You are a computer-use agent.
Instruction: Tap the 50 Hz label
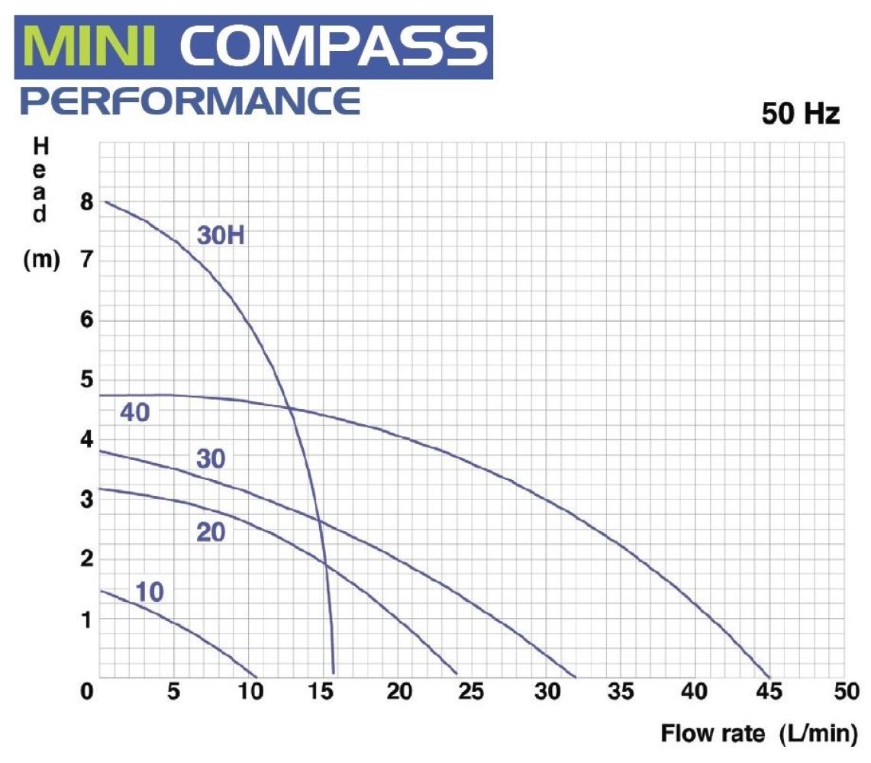tap(801, 114)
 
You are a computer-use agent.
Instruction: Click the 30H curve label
tap(220, 236)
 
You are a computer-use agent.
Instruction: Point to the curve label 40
tap(134, 413)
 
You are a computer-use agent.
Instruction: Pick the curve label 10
tap(150, 592)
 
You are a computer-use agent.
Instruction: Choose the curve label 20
tap(211, 532)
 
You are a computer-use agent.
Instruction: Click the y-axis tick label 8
tap(86, 202)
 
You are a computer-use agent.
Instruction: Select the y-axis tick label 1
tap(86, 619)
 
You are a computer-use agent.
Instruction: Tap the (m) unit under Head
tap(41, 261)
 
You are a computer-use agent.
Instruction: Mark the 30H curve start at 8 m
tap(105, 201)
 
